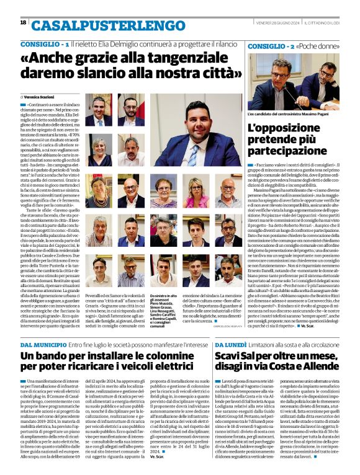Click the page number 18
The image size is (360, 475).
click(x=23, y=22)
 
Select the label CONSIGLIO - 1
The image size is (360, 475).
click(x=44, y=45)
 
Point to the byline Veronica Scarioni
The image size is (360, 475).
click(x=41, y=97)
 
